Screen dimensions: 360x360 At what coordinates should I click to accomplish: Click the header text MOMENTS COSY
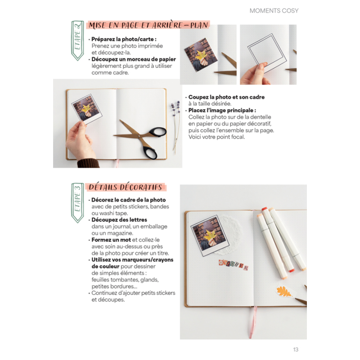[x=274, y=10]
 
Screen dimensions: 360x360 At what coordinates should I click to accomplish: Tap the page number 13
[x=296, y=350]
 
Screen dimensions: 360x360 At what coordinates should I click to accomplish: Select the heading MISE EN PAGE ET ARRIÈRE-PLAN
[x=148, y=26]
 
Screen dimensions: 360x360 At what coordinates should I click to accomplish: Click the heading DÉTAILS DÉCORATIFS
[x=126, y=187]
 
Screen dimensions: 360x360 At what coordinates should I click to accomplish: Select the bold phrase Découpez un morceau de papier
[x=134, y=59]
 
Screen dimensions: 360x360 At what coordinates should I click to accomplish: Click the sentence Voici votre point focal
[x=217, y=137]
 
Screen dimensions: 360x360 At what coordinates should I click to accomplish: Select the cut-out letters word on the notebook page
[x=233, y=266]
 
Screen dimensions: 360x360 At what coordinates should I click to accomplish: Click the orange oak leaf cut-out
[x=284, y=292]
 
